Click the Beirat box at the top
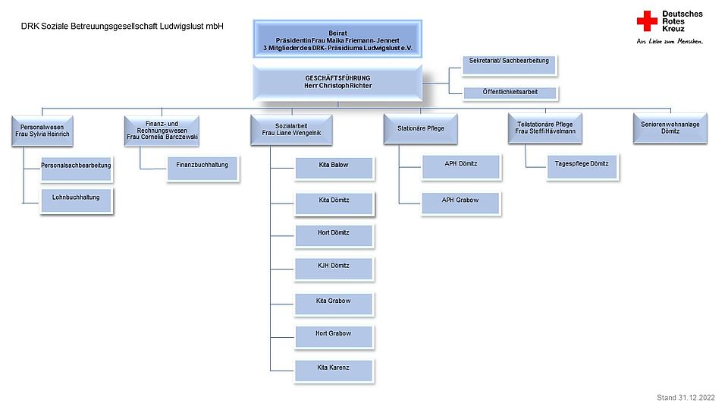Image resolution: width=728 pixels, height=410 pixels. pos(337,39)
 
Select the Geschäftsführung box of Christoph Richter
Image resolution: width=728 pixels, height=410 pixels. pos(337,82)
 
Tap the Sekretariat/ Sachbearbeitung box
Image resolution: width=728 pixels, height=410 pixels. pos(510,65)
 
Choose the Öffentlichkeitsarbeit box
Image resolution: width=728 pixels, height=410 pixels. pos(510,93)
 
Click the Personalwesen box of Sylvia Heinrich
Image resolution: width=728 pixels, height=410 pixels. pos(42,131)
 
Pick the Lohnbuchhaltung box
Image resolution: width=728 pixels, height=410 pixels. pos(76,200)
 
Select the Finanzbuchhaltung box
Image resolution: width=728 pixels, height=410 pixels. pos(202,169)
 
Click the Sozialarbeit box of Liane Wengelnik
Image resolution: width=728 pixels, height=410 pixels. pos(291,130)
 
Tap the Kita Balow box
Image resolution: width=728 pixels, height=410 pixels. pos(334,169)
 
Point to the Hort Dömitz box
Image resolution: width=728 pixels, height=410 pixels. pos(334,235)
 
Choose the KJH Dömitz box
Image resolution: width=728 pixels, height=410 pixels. pos(334,269)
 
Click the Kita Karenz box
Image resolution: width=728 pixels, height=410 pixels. pos(334,371)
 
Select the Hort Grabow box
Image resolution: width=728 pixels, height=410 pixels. pos(334,337)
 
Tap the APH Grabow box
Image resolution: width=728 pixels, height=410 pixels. pos(460,203)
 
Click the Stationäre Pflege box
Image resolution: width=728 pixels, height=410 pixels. pos(421,128)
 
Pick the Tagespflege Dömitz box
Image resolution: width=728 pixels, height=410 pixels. pos(582,167)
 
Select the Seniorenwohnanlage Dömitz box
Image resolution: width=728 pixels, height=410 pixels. pos(670,128)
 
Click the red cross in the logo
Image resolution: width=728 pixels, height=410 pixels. pos(647,21)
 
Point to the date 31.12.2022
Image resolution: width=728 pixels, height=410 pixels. pos(696,397)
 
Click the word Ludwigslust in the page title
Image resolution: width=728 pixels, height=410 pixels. pos(181,27)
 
